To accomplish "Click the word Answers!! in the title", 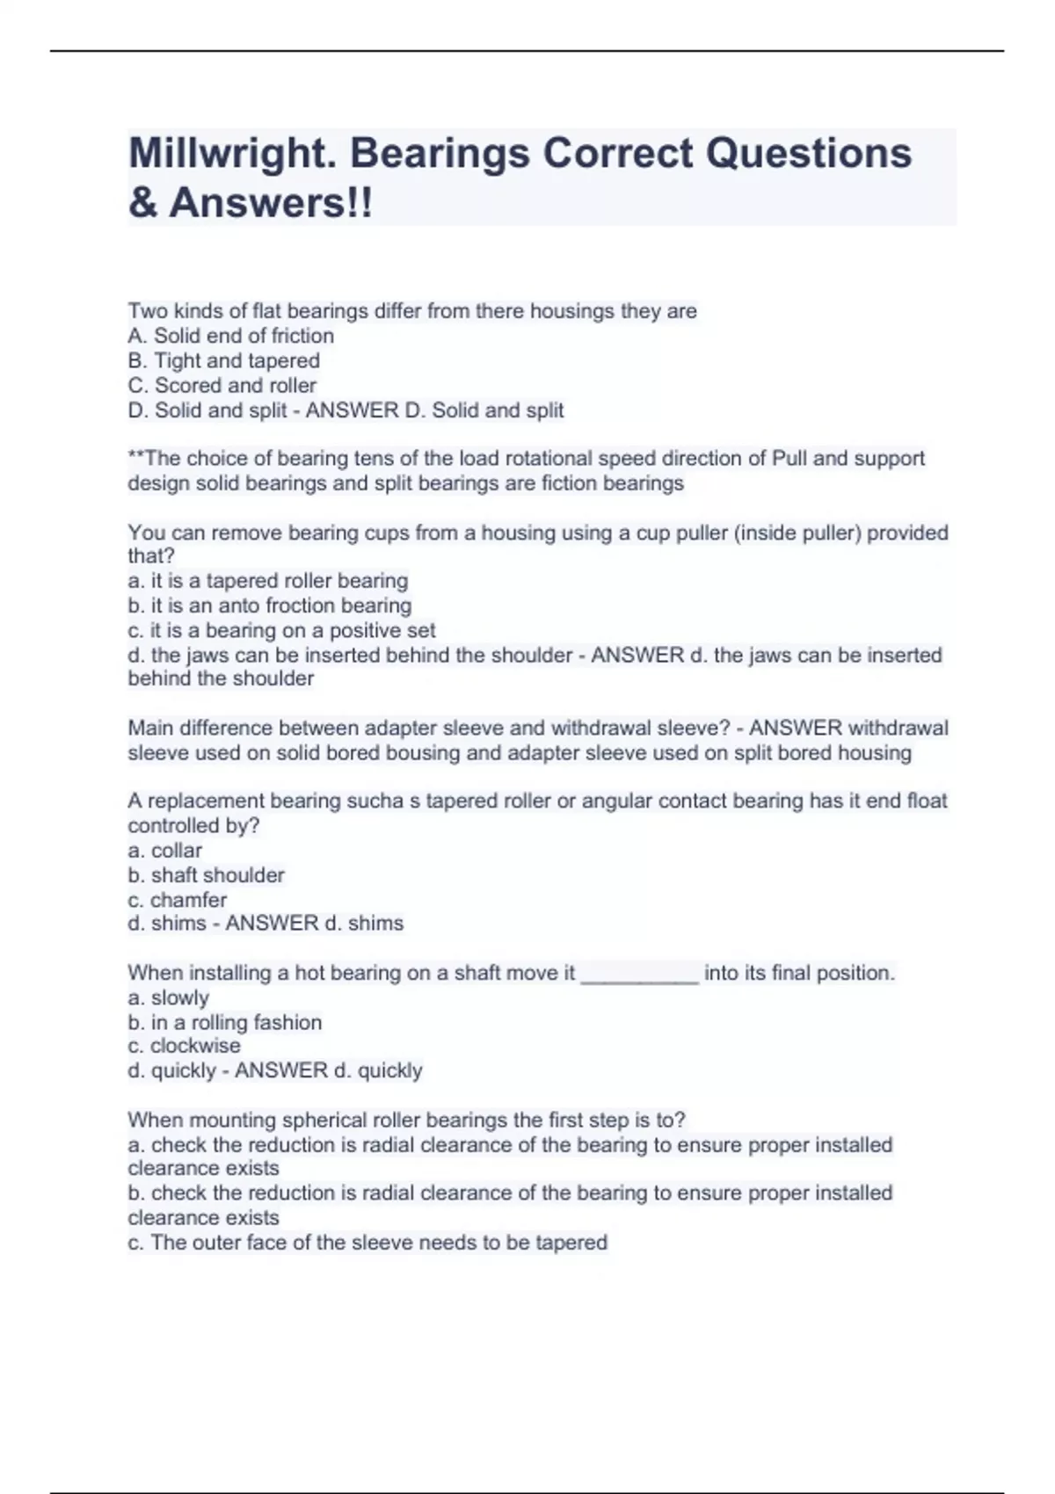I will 271,203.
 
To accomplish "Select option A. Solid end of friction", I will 230,336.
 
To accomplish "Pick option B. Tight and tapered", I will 223,360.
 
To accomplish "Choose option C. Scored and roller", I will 222,385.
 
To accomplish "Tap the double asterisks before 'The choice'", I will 135,457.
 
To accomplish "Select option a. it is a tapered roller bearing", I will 267,581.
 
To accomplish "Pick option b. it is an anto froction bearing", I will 269,606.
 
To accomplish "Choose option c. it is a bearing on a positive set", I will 281,630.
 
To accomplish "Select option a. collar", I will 164,851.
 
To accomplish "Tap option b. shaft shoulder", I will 206,875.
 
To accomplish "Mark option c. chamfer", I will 177,900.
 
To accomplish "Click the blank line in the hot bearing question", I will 640,975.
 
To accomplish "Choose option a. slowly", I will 168,998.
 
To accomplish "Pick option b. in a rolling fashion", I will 224,1023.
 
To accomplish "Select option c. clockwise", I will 184,1046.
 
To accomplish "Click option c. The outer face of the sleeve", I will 367,1243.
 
